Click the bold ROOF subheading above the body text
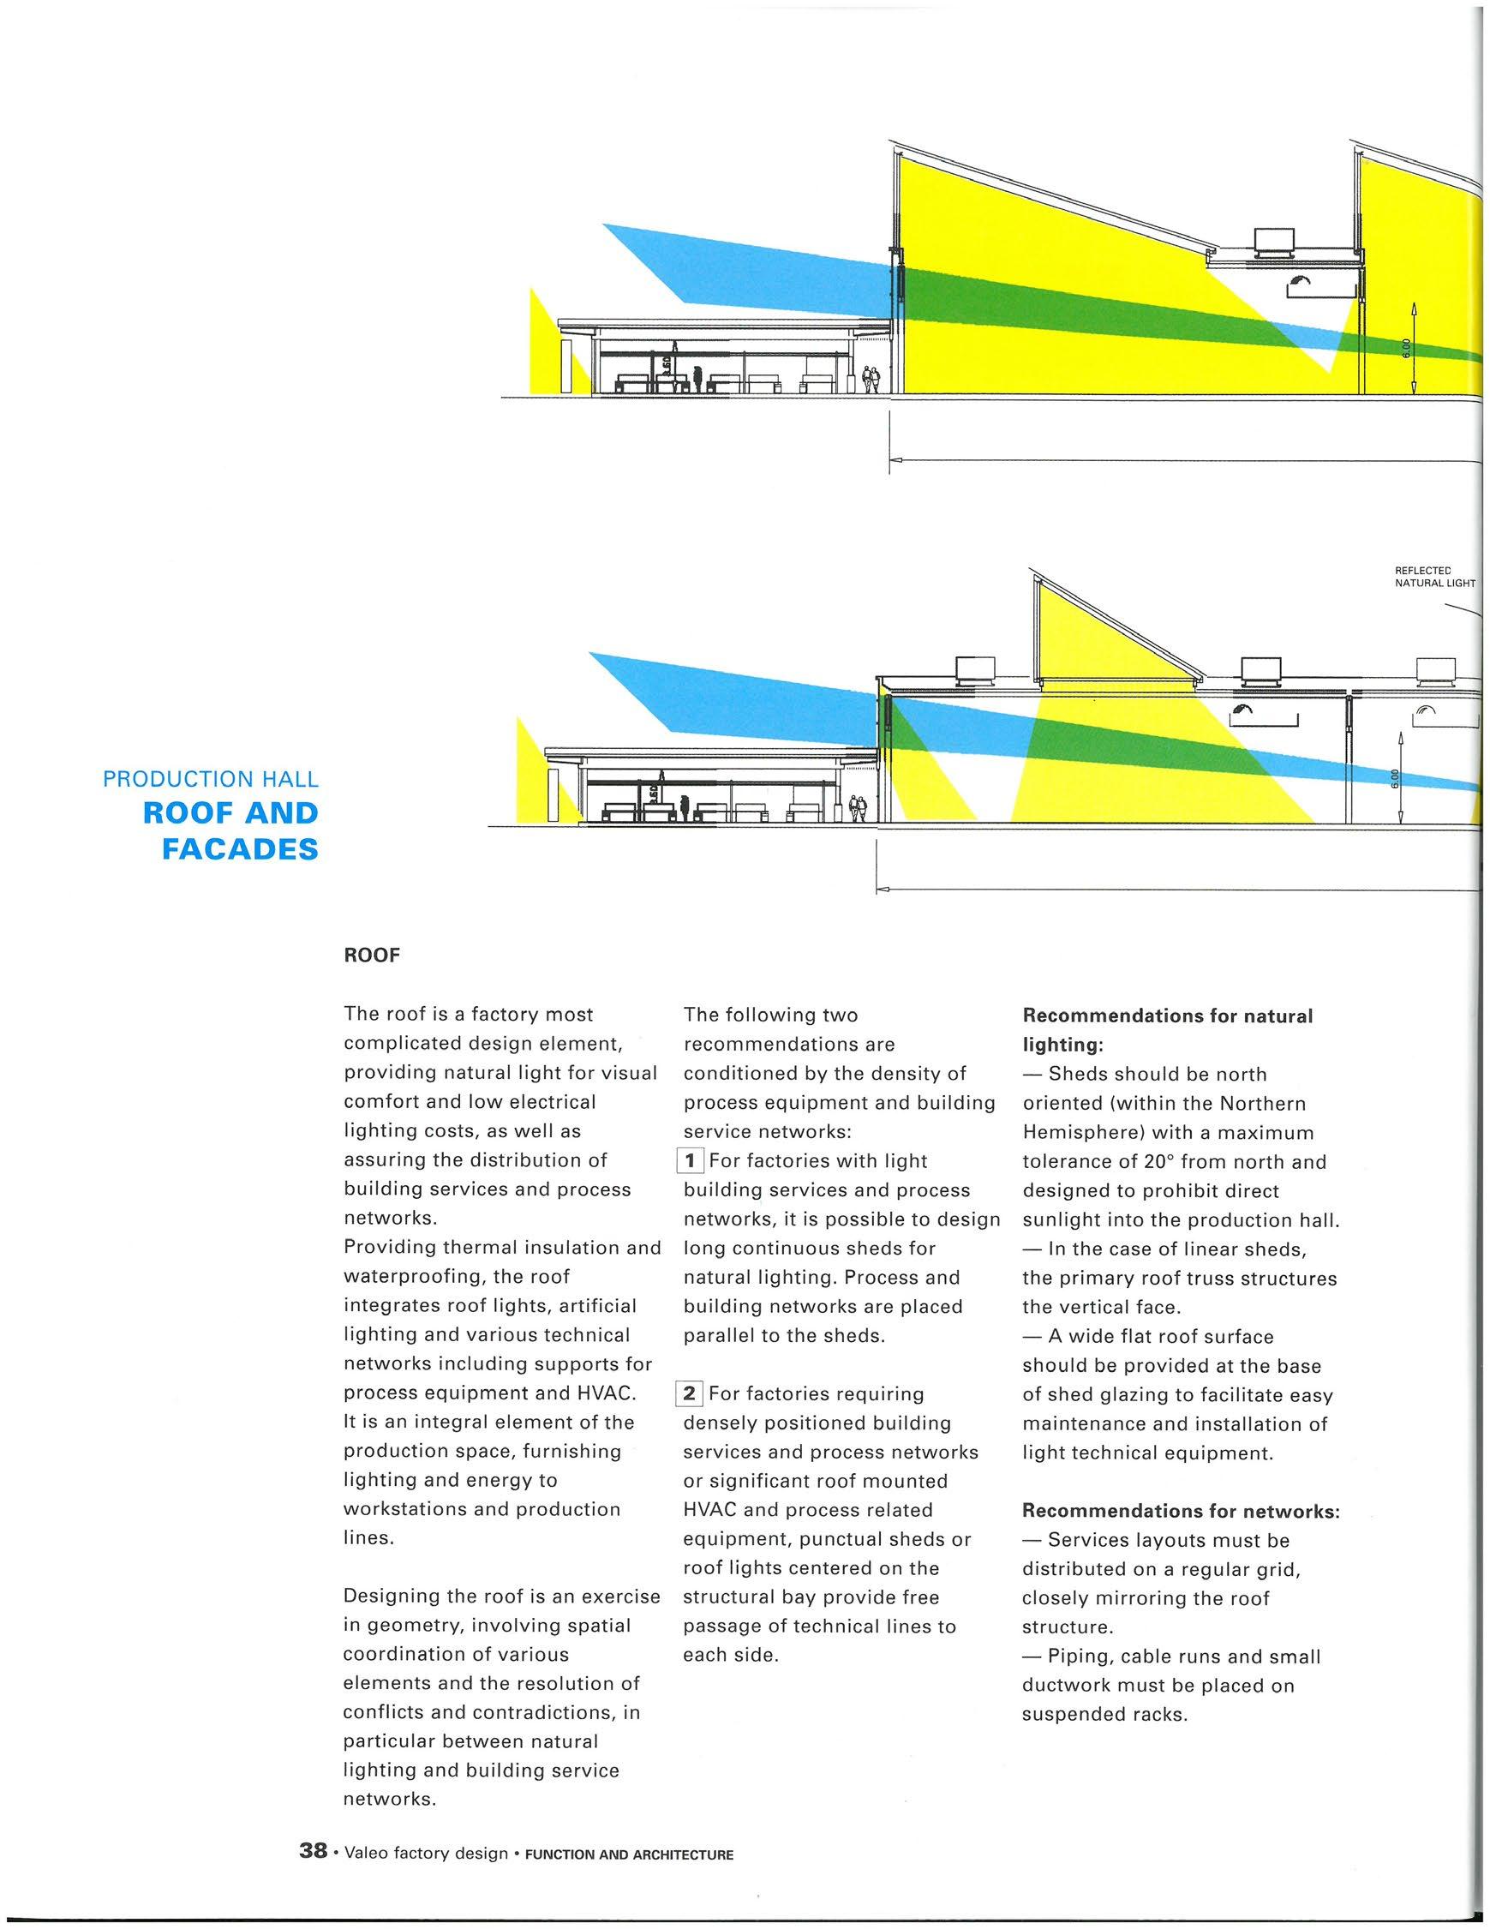pyautogui.click(x=372, y=956)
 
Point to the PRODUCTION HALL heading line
pyautogui.click(x=210, y=779)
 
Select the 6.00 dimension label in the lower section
pyautogui.click(x=1395, y=779)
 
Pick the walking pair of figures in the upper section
pyautogui.click(x=871, y=380)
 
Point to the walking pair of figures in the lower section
pyautogui.click(x=857, y=808)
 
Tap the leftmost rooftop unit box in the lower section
pyautogui.click(x=976, y=669)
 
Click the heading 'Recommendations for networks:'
pyautogui.click(x=1181, y=1511)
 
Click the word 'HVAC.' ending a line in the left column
pyautogui.click(x=605, y=1393)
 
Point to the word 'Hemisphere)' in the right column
pyautogui.click(x=1078, y=1132)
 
